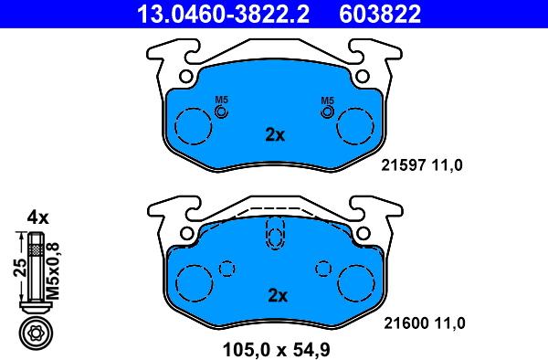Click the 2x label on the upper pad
[x=275, y=134]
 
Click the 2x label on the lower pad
[x=276, y=295]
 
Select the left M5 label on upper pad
[x=220, y=100]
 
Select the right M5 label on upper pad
[x=327, y=100]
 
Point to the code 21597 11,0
[x=421, y=164]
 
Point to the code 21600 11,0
[x=421, y=323]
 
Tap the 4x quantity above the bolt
[x=37, y=217]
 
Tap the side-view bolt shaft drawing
[x=35, y=270]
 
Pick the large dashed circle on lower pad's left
[x=194, y=283]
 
